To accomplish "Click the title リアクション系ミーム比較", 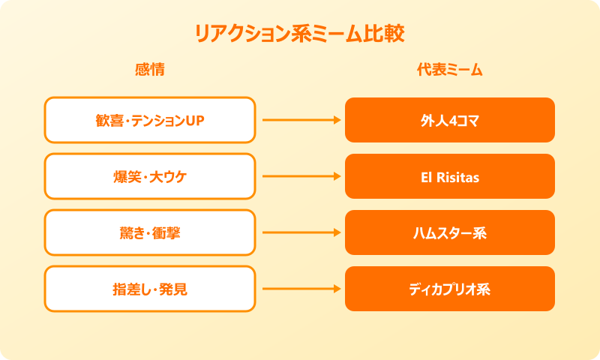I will coord(300,34).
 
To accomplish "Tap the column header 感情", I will coord(150,70).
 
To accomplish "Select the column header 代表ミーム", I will coord(450,70).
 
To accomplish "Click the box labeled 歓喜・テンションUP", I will coord(150,120).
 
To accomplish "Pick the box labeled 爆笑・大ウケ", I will coord(150,176).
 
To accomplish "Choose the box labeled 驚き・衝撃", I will coord(150,232).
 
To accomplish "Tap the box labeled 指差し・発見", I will coord(150,289).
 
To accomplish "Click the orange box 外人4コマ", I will coord(450,120).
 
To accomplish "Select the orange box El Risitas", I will coord(450,176).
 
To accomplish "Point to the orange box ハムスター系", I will coord(450,232).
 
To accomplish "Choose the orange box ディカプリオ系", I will coord(450,289).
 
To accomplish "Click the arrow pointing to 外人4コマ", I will coord(300,120).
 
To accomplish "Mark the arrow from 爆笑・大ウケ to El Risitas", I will coord(300,176).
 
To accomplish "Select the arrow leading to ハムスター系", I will coord(300,232).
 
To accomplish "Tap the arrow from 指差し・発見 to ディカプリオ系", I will coord(300,289).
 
